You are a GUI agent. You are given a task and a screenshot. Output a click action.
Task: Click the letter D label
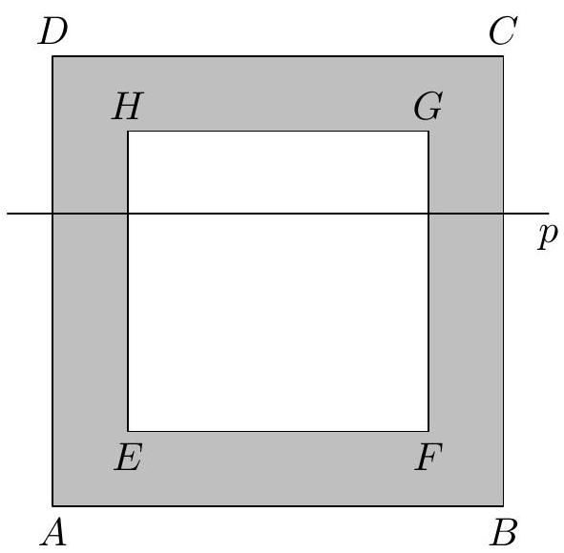point(52,31)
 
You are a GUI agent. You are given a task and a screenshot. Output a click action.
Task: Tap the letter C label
point(503,31)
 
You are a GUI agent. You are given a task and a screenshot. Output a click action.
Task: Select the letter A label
point(53,533)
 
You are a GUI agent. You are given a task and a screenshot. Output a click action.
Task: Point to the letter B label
point(504,532)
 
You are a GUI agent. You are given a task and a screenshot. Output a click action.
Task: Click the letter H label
point(128,106)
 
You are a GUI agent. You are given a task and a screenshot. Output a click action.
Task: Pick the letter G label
point(428,106)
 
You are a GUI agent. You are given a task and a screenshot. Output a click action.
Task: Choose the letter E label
point(129,457)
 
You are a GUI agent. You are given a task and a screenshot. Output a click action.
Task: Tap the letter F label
point(428,457)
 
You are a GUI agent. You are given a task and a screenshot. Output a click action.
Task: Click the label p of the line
point(548,236)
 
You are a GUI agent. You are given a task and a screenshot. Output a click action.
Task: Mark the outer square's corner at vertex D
point(52,56)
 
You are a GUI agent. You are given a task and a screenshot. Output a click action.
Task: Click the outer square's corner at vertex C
point(503,56)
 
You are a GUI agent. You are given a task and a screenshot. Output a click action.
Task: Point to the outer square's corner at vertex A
point(52,506)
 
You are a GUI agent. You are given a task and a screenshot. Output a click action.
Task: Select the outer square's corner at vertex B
point(503,506)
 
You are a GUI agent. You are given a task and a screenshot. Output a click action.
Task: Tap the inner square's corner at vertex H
point(128,132)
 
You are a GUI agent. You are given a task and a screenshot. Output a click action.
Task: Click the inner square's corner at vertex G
point(428,132)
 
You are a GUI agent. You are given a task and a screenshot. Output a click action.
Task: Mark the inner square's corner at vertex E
point(128,431)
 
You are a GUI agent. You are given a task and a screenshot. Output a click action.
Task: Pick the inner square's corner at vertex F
point(428,431)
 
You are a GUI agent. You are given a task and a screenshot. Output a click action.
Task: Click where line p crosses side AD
point(52,214)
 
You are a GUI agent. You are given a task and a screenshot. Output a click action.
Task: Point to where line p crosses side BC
point(503,214)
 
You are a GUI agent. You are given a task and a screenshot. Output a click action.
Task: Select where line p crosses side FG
point(428,214)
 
